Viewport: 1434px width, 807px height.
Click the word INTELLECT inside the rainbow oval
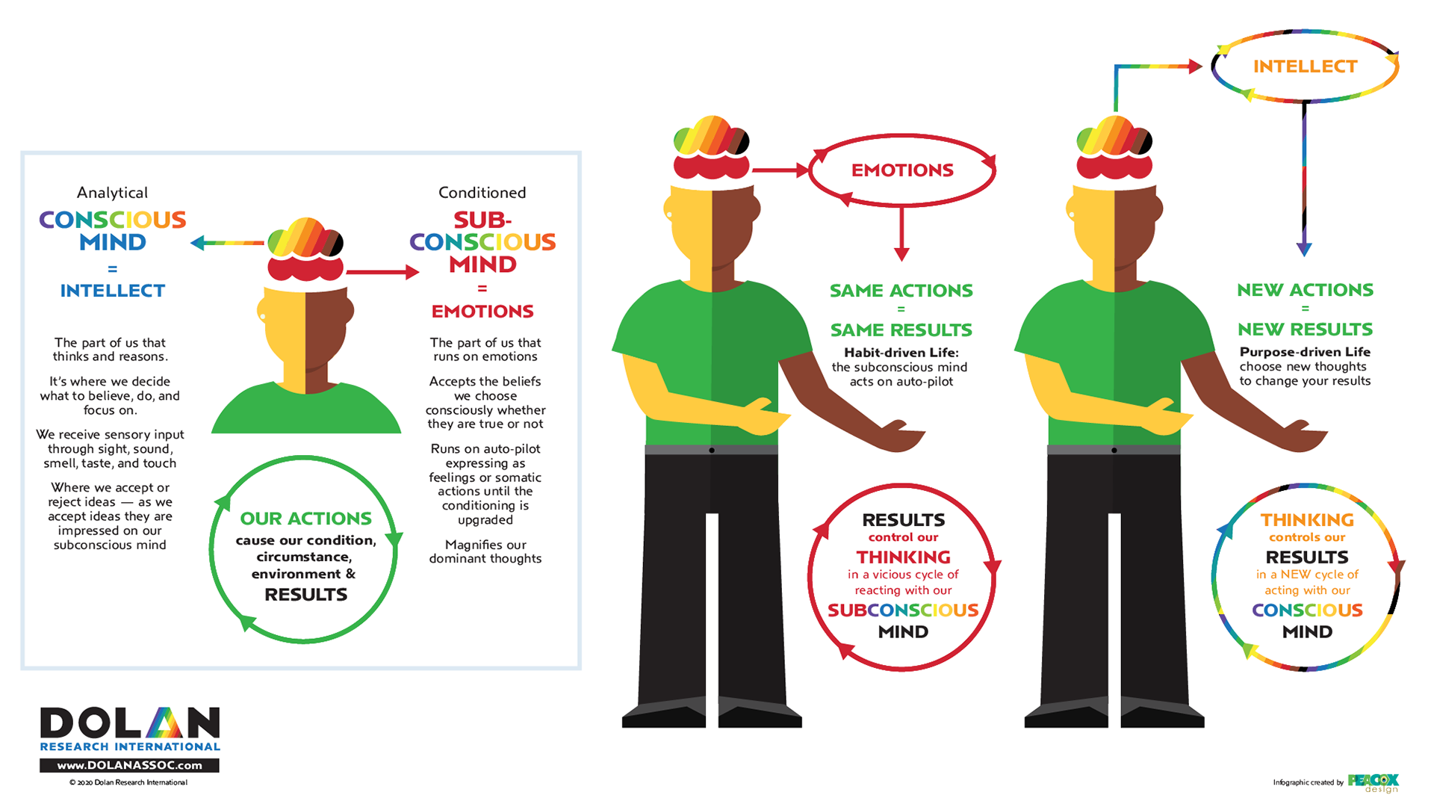coord(1305,67)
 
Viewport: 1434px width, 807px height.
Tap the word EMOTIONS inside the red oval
coord(902,170)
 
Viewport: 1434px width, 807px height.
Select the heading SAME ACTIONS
coord(901,291)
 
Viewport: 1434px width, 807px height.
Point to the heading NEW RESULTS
coord(1305,330)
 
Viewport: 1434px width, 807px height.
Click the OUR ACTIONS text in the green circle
coord(305,519)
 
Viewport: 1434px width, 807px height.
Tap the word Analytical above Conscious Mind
coord(113,193)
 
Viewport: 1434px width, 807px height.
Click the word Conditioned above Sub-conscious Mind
coord(482,193)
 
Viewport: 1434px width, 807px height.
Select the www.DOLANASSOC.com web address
coord(129,765)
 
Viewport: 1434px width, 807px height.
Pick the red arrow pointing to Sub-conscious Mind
coord(384,272)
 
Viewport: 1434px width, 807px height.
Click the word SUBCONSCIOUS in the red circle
coord(903,610)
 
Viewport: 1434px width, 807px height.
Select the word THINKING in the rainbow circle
coord(1307,520)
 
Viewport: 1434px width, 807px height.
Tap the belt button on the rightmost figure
coord(1114,451)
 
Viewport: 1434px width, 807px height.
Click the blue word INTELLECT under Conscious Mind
coord(113,291)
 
